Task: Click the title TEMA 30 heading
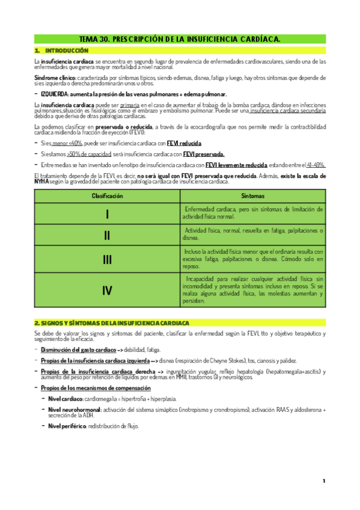[180, 39]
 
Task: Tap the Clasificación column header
[107, 196]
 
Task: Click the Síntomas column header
[252, 196]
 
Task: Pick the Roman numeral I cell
[107, 214]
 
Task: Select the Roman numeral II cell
[107, 235]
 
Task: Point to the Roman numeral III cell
[107, 259]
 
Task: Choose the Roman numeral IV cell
[107, 291]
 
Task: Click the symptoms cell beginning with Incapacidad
[252, 291]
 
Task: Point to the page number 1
[323, 481]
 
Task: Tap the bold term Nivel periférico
[68, 426]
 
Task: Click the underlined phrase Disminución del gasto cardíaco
[75, 350]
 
